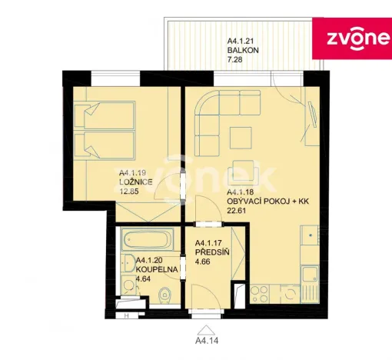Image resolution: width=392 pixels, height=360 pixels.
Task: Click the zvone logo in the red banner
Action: (x=350, y=38)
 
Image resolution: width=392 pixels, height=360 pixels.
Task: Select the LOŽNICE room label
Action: (x=135, y=182)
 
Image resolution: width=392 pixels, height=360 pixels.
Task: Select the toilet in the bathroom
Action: (x=161, y=298)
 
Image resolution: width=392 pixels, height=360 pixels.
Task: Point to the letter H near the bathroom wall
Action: (x=125, y=315)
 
